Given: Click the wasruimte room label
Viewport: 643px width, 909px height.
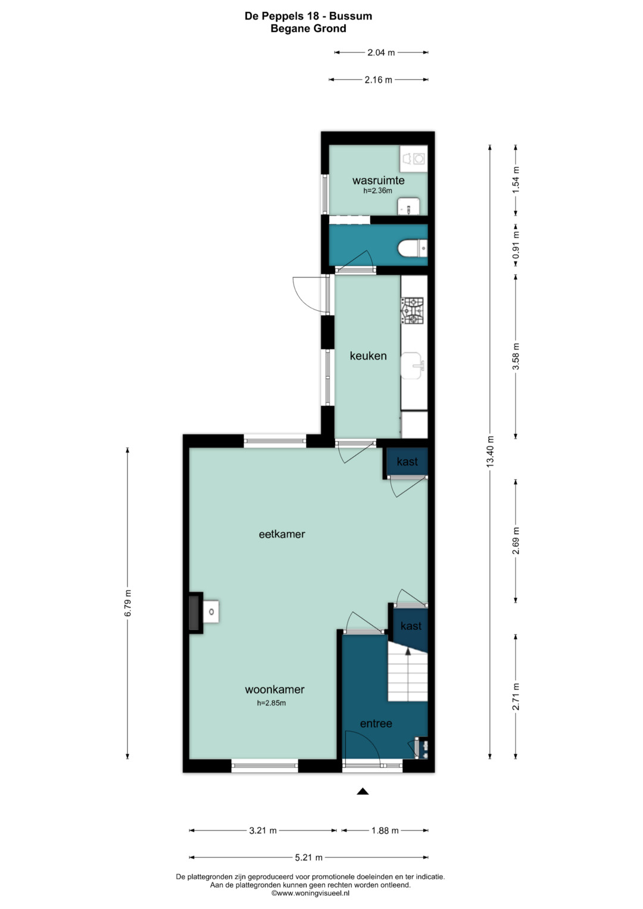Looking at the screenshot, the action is point(378,180).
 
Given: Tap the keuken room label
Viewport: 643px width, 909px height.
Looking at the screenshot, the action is point(368,356).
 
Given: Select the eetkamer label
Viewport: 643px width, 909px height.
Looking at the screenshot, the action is point(282,534).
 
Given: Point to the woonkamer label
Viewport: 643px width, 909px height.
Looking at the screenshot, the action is point(274,689).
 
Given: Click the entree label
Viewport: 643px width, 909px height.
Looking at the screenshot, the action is point(376,723).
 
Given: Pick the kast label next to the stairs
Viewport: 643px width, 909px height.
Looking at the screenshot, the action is point(411,626).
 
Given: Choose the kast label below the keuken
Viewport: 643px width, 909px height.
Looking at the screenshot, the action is point(407,461).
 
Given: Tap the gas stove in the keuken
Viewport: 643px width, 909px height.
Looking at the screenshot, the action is point(412,310).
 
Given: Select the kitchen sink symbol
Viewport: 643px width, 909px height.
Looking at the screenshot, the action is point(411,366).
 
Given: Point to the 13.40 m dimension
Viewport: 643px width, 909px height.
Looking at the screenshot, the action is point(490,451).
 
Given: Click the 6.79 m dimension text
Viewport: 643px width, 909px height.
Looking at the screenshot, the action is point(128,602).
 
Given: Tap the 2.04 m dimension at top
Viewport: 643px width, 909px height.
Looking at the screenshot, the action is point(381,52).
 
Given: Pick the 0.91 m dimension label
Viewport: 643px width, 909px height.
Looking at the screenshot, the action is point(516,245).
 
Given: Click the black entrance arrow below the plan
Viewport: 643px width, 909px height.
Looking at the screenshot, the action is point(363,791).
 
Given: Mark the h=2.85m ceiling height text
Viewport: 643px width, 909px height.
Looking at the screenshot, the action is point(271,703).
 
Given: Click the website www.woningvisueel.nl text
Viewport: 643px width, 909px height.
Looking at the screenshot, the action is point(310,893).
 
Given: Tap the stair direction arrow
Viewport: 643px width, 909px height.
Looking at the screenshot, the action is point(408,651).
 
